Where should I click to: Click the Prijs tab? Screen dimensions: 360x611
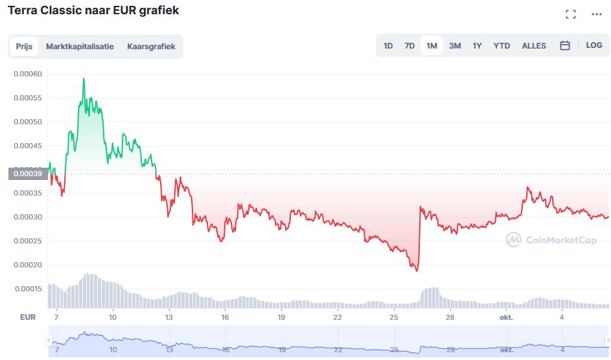[25, 47]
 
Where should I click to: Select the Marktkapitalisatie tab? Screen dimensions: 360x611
[80, 47]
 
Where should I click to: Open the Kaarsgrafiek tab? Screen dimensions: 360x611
[151, 47]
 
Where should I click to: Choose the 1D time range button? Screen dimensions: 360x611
[388, 46]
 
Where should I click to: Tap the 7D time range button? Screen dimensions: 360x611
[409, 46]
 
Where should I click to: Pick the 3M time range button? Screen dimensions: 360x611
[455, 46]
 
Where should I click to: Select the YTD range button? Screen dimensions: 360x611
[501, 46]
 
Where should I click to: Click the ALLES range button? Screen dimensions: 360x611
[534, 46]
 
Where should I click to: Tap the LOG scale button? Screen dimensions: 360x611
[594, 45]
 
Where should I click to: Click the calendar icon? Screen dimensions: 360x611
[564, 45]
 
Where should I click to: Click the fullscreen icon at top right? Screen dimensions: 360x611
[571, 14]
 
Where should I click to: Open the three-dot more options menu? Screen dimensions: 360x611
[596, 14]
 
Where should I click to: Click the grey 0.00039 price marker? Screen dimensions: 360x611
[28, 174]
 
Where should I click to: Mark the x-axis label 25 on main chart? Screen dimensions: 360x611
[394, 317]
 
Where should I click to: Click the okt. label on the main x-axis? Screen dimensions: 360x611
[507, 317]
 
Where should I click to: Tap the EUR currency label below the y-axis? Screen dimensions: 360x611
[28, 317]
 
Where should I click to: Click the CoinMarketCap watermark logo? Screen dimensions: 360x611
[551, 240]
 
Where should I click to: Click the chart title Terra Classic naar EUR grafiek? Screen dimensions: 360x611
[93, 10]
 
